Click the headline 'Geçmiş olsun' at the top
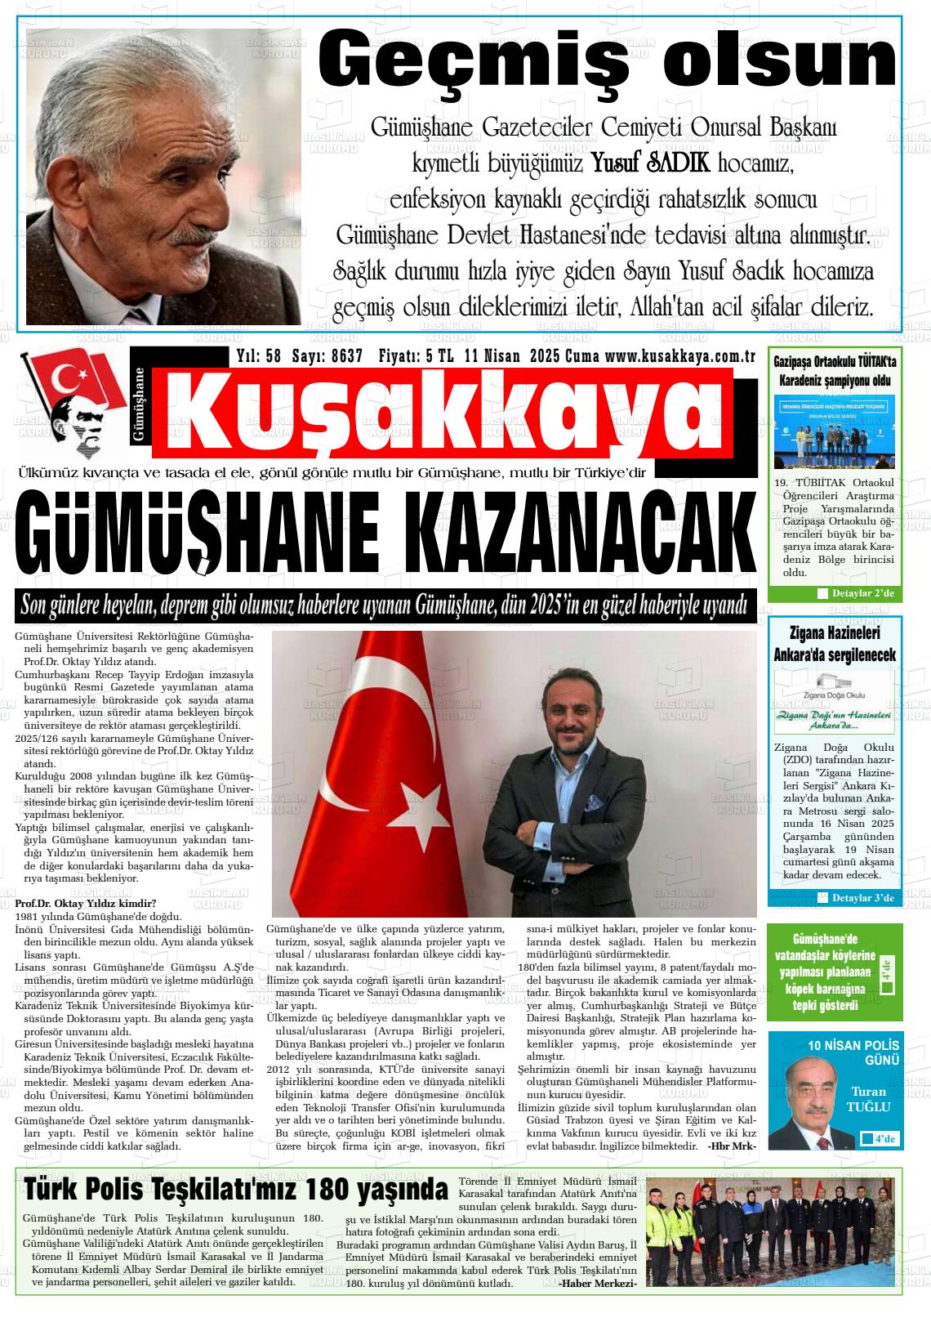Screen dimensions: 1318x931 (607, 60)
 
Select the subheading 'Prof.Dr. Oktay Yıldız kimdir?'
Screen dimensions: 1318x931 (85, 903)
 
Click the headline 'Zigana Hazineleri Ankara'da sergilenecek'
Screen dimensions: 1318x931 (835, 643)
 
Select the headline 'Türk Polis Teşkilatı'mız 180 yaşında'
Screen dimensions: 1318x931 (236, 1188)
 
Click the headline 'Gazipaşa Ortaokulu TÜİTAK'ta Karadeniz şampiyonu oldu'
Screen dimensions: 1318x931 (835, 371)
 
